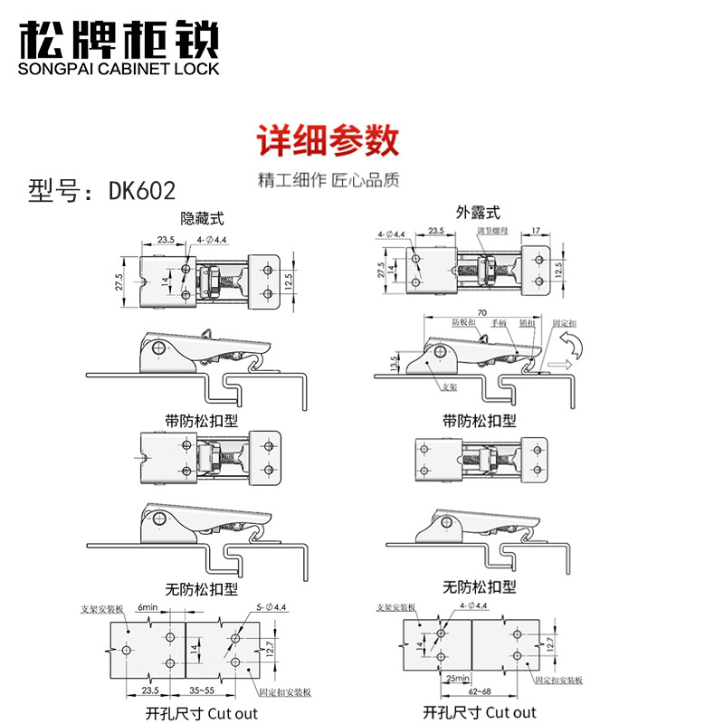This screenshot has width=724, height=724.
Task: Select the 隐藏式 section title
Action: click(202, 218)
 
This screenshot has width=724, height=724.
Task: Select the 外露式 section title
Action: click(478, 214)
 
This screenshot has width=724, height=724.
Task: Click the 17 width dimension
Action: click(538, 231)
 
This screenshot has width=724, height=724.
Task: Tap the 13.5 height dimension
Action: click(394, 362)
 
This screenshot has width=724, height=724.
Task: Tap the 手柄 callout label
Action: click(498, 321)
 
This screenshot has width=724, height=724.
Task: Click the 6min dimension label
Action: click(148, 607)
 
